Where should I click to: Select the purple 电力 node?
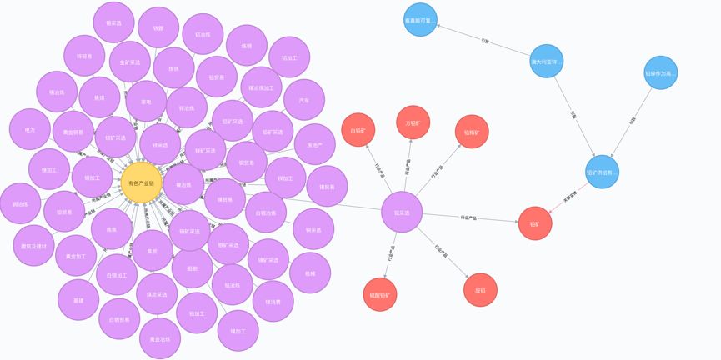pos(30,130)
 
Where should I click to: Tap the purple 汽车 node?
pos(303,100)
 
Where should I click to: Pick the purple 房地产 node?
pos(314,144)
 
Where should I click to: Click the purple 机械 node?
pos(310,272)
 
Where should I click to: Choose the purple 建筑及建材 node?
pos(34,246)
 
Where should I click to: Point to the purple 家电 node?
pos(146,102)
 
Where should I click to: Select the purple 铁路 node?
pos(158,27)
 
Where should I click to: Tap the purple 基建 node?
pos(78,300)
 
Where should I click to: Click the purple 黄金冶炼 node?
pos(160,338)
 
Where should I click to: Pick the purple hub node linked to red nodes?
pos(402,212)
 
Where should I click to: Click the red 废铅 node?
pos(480,289)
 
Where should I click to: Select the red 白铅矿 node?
pos(358,130)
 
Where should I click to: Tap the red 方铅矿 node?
pos(413,122)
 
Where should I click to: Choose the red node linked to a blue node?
pos(535,223)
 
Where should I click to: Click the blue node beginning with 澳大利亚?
pos(547,61)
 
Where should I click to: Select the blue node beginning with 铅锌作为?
pos(660,73)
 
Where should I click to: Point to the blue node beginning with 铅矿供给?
pos(602,172)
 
